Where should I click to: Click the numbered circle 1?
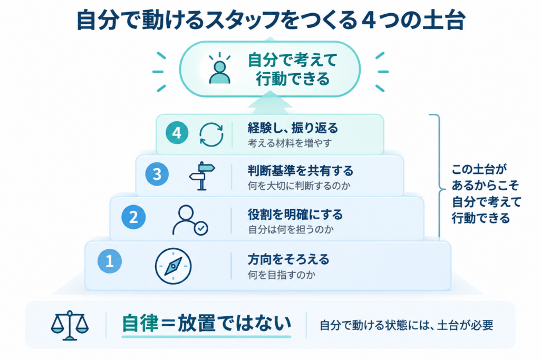(110, 261)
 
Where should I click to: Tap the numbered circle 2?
(133, 217)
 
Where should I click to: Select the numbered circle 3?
(157, 174)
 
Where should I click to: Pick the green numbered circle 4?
(177, 133)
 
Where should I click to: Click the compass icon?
(173, 266)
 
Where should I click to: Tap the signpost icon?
(202, 176)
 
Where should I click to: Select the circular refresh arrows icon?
(211, 134)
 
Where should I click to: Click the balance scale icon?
(70, 325)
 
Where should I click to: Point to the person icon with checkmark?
(190, 220)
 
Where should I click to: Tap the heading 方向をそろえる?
(288, 259)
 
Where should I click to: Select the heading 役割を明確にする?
(295, 215)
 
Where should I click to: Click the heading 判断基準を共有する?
(301, 171)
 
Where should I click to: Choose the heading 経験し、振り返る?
(293, 128)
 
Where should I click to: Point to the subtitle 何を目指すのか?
(282, 275)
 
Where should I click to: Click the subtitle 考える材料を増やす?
(290, 143)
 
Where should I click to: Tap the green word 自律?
(140, 324)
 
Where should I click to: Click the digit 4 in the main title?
(370, 21)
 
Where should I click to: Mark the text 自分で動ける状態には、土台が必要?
(407, 325)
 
